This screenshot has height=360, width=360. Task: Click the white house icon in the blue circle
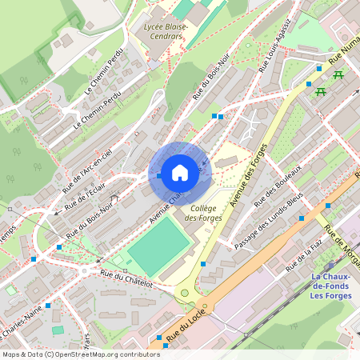pos(180,172)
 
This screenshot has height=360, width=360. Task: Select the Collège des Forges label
pos(202,212)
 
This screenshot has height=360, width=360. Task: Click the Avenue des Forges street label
pos(248,175)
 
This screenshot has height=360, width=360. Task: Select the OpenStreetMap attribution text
pos(81,354)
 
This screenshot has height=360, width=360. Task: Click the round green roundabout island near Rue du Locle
pos(186,293)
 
